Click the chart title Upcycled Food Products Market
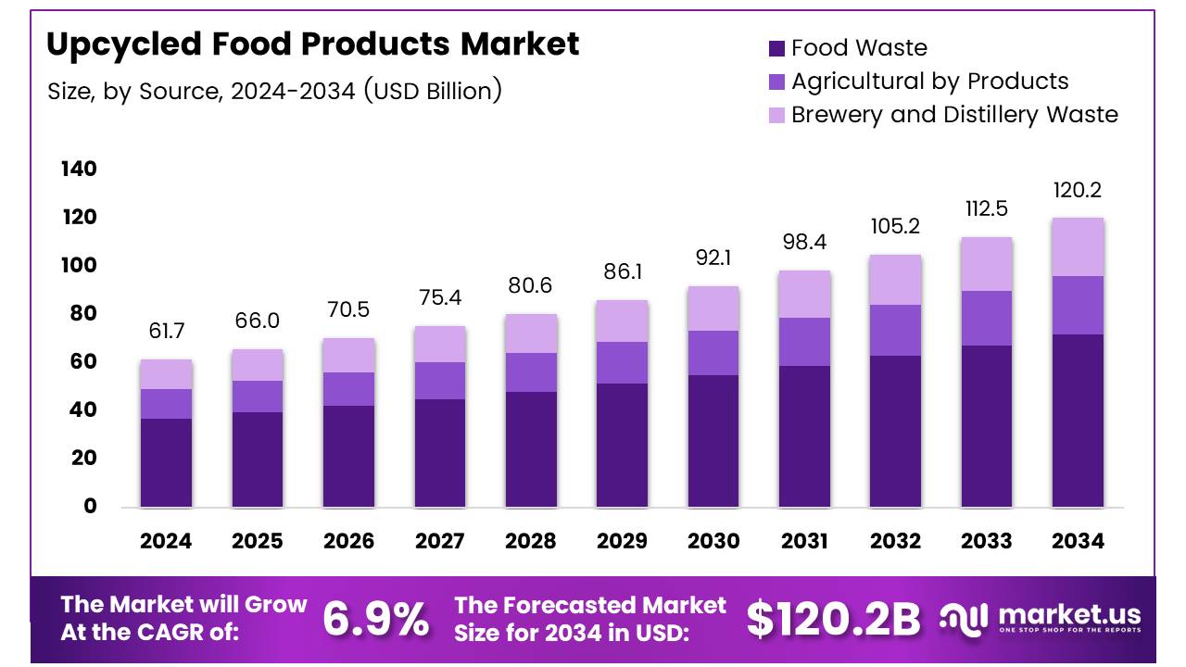(312, 44)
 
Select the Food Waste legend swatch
(776, 48)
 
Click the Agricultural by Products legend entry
(929, 82)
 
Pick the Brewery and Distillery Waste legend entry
(954, 115)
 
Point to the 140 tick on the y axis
(79, 170)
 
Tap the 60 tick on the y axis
(79, 362)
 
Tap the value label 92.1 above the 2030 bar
(713, 258)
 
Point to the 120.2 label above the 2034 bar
(1078, 191)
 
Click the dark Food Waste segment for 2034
(1078, 421)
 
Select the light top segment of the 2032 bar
(895, 280)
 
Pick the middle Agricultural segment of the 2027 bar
(439, 381)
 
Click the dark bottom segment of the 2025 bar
(258, 459)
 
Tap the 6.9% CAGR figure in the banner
(375, 620)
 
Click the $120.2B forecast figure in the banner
(833, 620)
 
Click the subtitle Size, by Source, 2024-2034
(274, 91)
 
